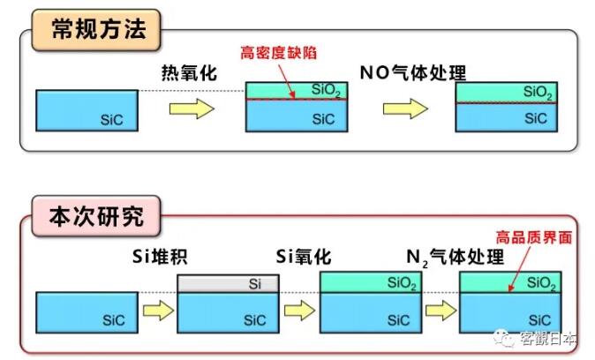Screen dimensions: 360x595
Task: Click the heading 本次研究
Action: click(96, 214)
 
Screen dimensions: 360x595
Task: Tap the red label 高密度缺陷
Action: click(279, 53)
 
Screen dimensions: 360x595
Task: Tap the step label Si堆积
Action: click(155, 257)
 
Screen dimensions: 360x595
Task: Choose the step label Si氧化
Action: click(302, 257)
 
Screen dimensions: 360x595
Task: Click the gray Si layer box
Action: click(229, 284)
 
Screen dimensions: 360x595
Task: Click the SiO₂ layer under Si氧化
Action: click(371, 282)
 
